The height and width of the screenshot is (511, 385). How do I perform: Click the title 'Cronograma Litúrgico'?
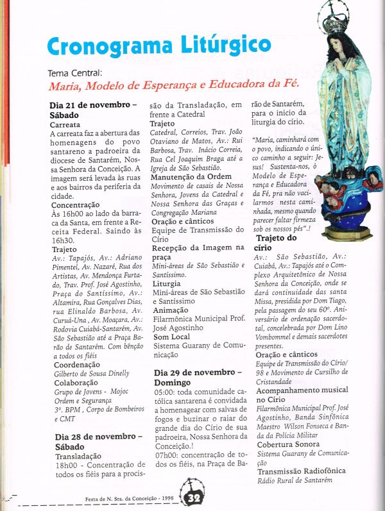(x=158, y=46)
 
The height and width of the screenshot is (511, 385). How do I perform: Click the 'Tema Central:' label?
(x=76, y=73)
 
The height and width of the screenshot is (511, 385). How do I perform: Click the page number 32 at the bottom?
(x=193, y=498)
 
